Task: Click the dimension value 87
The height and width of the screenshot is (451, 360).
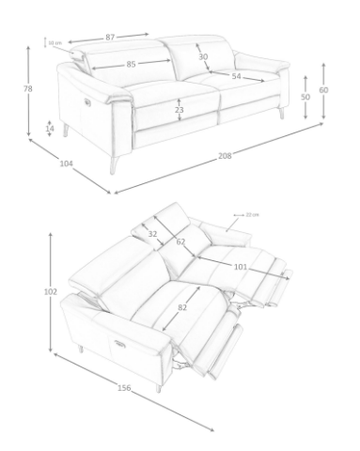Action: [x=110, y=37]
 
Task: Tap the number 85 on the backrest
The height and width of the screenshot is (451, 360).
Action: [x=131, y=64]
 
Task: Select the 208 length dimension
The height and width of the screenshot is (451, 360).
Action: [x=225, y=155]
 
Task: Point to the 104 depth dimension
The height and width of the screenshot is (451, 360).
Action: [x=66, y=164]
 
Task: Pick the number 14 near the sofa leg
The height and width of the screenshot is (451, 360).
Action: [x=50, y=128]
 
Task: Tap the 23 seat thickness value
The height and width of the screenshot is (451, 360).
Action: [x=179, y=110]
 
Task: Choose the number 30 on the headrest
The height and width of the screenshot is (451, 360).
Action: [x=203, y=56]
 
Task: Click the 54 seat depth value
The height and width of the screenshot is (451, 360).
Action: [x=236, y=76]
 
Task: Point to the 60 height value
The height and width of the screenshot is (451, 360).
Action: [x=323, y=90]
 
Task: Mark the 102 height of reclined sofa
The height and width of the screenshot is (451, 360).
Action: [x=51, y=291]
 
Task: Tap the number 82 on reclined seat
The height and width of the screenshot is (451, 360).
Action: [x=183, y=307]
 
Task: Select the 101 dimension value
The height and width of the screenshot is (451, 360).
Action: [x=240, y=267]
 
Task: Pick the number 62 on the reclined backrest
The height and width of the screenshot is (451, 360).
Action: [x=180, y=242]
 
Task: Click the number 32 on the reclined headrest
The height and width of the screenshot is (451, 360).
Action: [x=153, y=235]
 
